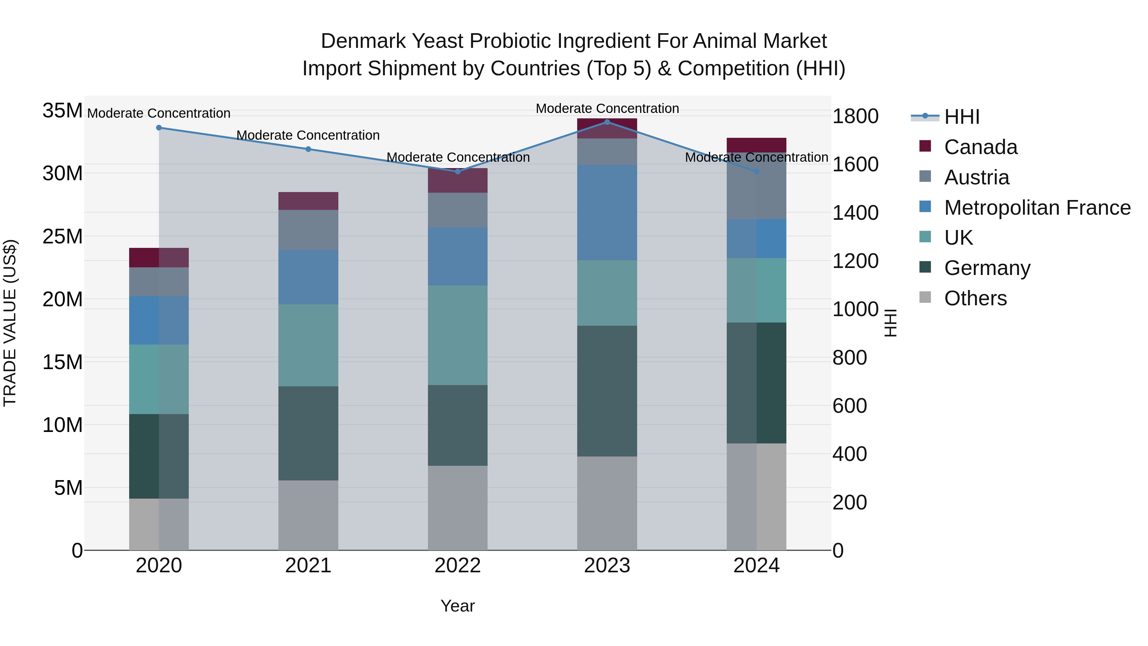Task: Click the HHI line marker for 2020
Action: [x=159, y=128]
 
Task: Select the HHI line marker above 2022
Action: [x=458, y=172]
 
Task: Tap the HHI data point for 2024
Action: [x=756, y=172]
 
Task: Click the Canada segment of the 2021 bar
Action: [x=308, y=201]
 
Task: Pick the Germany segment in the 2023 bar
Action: [x=607, y=391]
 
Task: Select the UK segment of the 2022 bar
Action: [x=458, y=335]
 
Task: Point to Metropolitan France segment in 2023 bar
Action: [x=607, y=213]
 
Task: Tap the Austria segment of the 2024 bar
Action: [x=756, y=186]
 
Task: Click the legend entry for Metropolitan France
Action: [x=1037, y=208]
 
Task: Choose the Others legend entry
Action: [x=975, y=298]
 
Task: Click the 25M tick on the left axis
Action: [x=63, y=236]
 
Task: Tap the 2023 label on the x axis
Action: [x=607, y=566]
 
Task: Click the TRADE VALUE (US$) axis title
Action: [x=10, y=323]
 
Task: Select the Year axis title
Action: [x=458, y=606]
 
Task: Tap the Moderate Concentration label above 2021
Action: [x=308, y=135]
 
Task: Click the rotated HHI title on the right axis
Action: [x=890, y=323]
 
